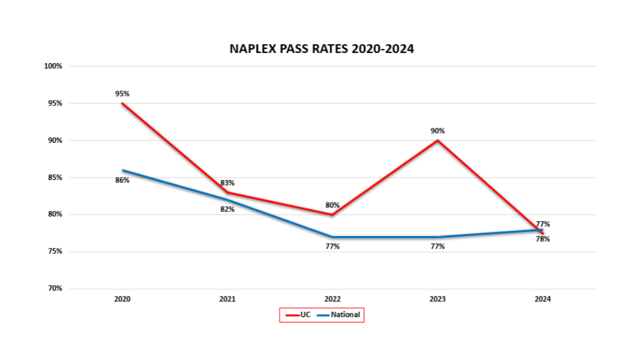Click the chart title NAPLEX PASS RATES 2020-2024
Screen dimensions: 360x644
(322, 49)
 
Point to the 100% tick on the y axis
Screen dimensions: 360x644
(54, 66)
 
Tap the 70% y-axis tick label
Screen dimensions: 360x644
(55, 288)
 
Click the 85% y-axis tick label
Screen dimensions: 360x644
(55, 178)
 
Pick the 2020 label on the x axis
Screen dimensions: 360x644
(122, 299)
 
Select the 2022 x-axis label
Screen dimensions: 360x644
(332, 299)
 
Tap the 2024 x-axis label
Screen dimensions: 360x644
(543, 299)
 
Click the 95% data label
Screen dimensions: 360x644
(123, 94)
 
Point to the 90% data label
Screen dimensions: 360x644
(438, 131)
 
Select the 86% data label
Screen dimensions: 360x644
(123, 180)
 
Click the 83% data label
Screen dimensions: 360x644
(228, 183)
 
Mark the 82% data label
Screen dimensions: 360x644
(228, 209)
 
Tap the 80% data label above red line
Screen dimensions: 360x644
(332, 205)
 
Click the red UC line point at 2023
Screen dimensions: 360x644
(438, 141)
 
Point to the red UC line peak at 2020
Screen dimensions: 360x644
(123, 103)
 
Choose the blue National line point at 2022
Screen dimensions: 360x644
(332, 237)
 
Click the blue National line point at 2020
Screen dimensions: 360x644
(123, 170)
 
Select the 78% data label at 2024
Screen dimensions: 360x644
(543, 239)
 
